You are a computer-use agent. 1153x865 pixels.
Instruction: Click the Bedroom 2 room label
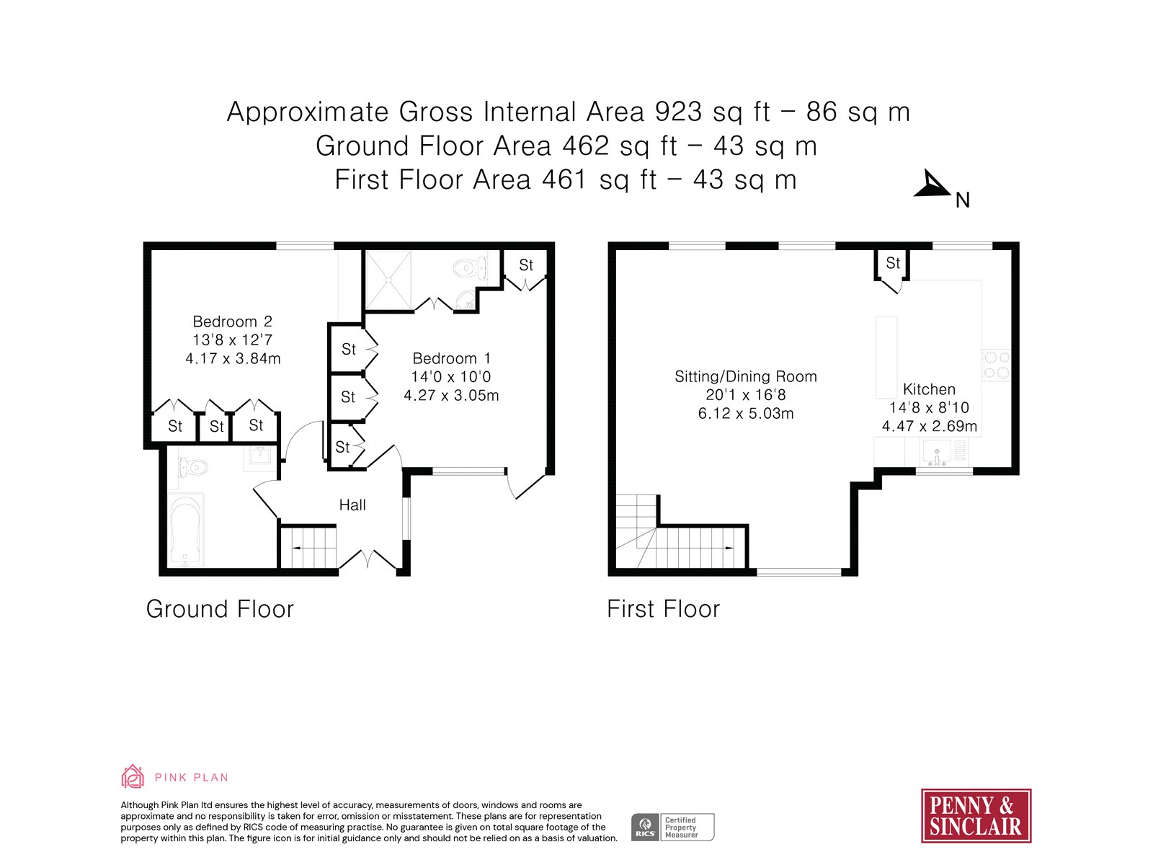pyautogui.click(x=232, y=321)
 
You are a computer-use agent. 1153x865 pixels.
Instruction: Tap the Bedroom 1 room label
pyautogui.click(x=451, y=358)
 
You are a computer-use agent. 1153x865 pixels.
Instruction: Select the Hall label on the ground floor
pyautogui.click(x=352, y=505)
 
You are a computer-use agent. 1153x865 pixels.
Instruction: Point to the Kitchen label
pyautogui.click(x=929, y=389)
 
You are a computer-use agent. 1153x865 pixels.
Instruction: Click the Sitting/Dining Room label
pyautogui.click(x=745, y=376)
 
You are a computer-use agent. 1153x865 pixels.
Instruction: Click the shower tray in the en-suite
pyautogui.click(x=388, y=280)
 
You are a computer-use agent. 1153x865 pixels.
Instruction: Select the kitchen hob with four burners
pyautogui.click(x=996, y=365)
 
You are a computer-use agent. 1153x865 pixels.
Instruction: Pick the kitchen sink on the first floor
pyautogui.click(x=937, y=453)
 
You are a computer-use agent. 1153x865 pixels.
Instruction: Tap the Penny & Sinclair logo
pyautogui.click(x=976, y=816)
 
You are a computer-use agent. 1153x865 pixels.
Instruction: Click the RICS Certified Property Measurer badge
pyautogui.click(x=672, y=828)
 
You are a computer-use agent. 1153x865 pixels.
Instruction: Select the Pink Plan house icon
pyautogui.click(x=133, y=777)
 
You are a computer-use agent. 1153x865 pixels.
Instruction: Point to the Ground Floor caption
pyautogui.click(x=220, y=609)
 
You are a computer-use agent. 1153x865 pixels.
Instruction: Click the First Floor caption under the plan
pyautogui.click(x=663, y=609)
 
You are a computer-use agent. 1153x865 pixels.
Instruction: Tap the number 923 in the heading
pyautogui.click(x=677, y=112)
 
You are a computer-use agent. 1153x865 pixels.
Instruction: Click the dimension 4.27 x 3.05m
pyautogui.click(x=451, y=395)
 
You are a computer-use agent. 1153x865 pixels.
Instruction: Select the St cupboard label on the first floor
pyautogui.click(x=893, y=262)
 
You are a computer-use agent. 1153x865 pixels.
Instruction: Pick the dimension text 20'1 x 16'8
pyautogui.click(x=745, y=395)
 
